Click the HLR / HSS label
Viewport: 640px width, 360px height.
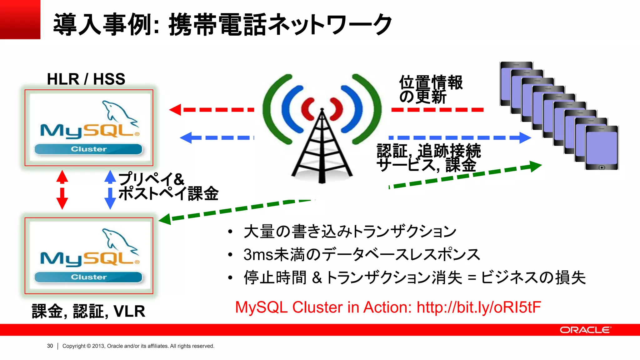point(86,79)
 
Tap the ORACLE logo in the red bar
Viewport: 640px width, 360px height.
point(585,330)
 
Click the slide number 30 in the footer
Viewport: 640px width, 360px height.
point(50,346)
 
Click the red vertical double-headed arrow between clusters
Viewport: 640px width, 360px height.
point(62,189)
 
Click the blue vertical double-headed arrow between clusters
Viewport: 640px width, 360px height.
point(110,189)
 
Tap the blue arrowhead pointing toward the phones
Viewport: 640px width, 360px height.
point(525,137)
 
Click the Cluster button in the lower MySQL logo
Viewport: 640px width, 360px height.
point(88,277)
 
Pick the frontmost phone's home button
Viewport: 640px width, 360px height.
point(602,167)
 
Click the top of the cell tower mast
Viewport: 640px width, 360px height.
point(322,110)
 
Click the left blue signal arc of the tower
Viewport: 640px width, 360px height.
point(289,109)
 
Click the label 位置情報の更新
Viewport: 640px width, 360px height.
point(431,89)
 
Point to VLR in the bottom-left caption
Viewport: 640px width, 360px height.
point(129,311)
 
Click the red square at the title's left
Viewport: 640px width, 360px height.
point(20,19)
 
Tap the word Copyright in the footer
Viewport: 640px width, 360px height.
point(74,346)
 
